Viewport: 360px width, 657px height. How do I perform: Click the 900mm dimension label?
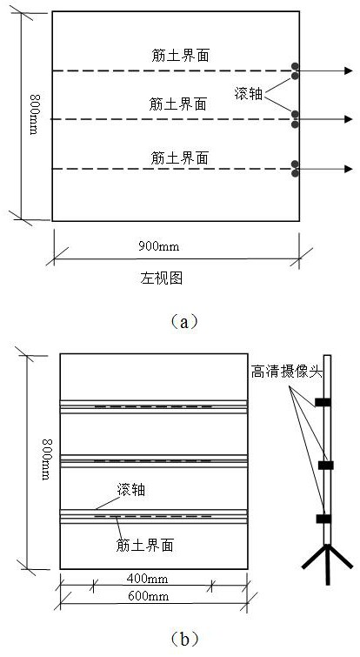[x=158, y=246]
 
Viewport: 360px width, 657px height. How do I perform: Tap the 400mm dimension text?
[x=147, y=579]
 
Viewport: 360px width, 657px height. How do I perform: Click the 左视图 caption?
[x=161, y=278]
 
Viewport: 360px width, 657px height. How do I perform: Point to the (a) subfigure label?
[x=184, y=322]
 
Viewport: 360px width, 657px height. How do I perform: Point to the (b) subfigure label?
[x=184, y=639]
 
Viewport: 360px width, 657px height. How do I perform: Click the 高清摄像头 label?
[x=287, y=372]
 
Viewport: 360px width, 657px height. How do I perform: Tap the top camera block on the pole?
[x=323, y=402]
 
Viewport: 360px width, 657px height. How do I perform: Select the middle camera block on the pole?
[x=325, y=465]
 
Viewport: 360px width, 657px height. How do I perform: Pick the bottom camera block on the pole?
[x=323, y=519]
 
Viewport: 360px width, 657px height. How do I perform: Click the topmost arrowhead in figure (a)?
[x=349, y=70]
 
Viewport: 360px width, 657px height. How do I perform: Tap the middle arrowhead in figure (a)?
[x=349, y=119]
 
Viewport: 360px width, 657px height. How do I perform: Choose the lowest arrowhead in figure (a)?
[x=349, y=169]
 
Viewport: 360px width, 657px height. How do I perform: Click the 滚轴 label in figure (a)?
[x=248, y=94]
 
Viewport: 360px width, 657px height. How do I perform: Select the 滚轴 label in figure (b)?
[x=131, y=489]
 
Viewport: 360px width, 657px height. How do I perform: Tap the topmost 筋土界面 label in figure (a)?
[x=180, y=56]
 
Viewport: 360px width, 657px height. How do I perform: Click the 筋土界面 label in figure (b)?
[x=144, y=545]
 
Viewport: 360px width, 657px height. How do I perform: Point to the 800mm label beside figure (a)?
[x=34, y=114]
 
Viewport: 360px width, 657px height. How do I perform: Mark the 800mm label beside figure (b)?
[x=46, y=459]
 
